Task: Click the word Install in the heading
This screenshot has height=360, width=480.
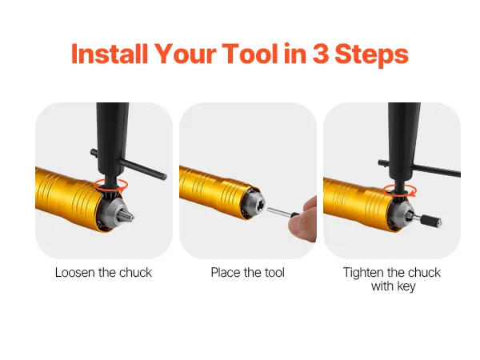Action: (110, 54)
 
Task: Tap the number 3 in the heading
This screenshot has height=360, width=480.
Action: (320, 54)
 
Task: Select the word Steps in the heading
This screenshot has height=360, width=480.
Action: (371, 55)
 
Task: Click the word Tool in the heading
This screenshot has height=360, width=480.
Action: (250, 54)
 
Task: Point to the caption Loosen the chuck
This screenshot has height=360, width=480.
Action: (103, 273)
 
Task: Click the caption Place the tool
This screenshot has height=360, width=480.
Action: (248, 273)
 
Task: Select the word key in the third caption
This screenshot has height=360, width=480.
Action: (406, 286)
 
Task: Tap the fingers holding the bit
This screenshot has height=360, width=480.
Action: (303, 219)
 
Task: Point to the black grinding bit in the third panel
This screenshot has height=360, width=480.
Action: (430, 221)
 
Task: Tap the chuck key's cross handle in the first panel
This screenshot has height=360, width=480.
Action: (129, 164)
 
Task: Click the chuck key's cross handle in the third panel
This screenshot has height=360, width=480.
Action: (420, 167)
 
